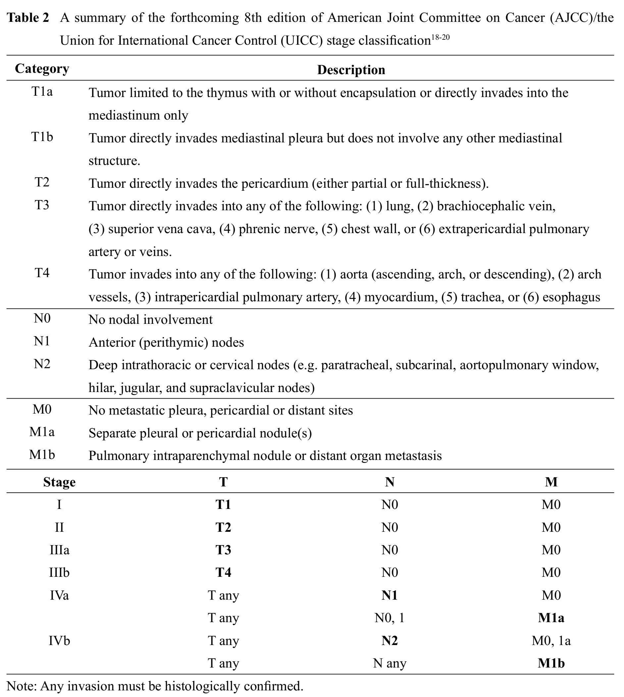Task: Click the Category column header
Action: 42,69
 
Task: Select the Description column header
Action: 351,70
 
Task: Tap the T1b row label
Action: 42,137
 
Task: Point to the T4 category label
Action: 42,273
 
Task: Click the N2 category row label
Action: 42,364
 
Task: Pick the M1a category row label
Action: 42,432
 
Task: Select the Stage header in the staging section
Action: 59,482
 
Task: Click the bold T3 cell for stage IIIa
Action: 223,550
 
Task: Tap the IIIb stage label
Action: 59,573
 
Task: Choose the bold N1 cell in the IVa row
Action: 390,596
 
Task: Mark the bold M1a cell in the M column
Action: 551,618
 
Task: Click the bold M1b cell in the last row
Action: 551,664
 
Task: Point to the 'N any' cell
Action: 390,664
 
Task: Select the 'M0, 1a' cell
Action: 551,641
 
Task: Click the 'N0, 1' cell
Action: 390,618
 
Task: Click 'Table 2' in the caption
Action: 28,18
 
